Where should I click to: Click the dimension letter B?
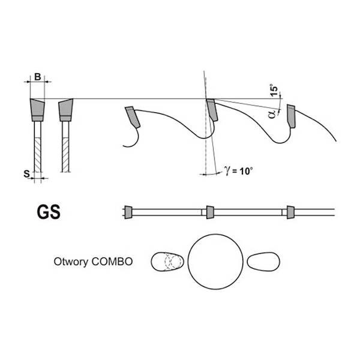coord(38,77)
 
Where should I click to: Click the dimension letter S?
coord(27,174)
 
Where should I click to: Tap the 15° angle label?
coord(274,90)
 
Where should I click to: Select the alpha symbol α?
coord(272,114)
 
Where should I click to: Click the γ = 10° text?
coord(239,171)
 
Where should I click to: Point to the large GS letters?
coord(49,212)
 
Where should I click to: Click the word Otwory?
coord(71,262)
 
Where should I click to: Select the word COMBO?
coord(112,262)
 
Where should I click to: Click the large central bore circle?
coord(215,262)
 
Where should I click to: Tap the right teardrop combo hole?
coord(263,262)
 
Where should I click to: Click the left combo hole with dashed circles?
coord(167,262)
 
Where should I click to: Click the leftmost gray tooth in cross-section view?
coord(37,110)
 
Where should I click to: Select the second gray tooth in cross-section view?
coord(66,110)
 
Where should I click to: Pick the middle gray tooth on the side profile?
coord(212,110)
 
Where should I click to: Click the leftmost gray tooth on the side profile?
coord(133,117)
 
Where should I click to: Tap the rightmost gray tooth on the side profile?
coord(291,116)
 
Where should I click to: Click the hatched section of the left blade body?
coord(38,155)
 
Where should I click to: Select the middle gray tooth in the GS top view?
coord(210,212)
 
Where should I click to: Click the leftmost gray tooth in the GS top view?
coord(128,212)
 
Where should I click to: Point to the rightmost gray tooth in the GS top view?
coord(290,212)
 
